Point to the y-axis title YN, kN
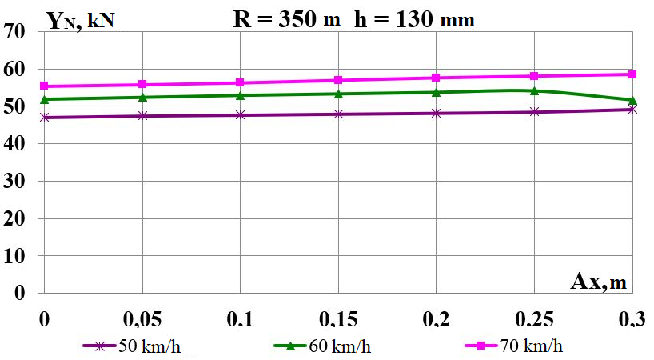(80, 20)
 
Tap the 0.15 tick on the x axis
(338, 320)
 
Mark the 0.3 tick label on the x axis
(632, 320)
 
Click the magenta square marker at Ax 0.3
(632, 74)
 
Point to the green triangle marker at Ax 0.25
(534, 90)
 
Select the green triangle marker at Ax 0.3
(632, 101)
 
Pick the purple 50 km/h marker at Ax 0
(45, 117)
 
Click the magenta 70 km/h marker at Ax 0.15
(338, 80)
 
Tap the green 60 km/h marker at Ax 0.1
(240, 95)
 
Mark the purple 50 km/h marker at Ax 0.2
(436, 113)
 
